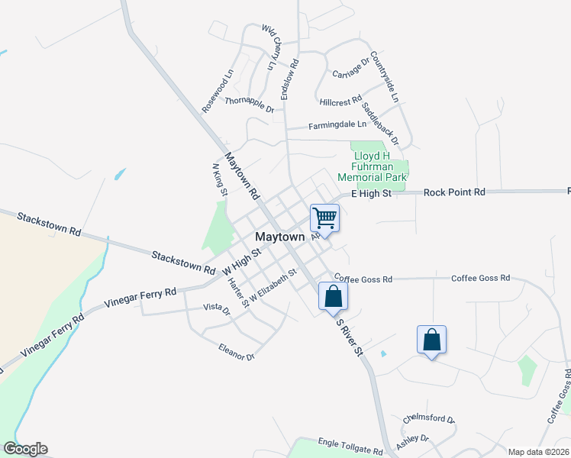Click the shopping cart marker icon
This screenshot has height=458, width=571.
pyautogui.click(x=324, y=218)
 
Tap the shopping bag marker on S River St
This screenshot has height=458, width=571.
pyautogui.click(x=334, y=296)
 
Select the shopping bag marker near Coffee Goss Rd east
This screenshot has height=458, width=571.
pyautogui.click(x=431, y=340)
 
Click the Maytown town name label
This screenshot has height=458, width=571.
pyautogui.click(x=279, y=237)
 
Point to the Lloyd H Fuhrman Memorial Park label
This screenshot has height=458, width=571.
pyautogui.click(x=379, y=166)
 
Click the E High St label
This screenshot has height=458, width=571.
pyautogui.click(x=371, y=194)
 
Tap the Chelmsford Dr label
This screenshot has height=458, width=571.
pyautogui.click(x=429, y=420)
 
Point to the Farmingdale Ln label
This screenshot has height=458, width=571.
pyautogui.click(x=337, y=125)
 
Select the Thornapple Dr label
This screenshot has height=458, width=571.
pyautogui.click(x=249, y=105)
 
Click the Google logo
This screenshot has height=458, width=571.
pyautogui.click(x=25, y=449)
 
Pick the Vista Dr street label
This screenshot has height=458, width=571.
pyautogui.click(x=216, y=309)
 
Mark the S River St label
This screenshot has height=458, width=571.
pyautogui.click(x=350, y=337)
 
